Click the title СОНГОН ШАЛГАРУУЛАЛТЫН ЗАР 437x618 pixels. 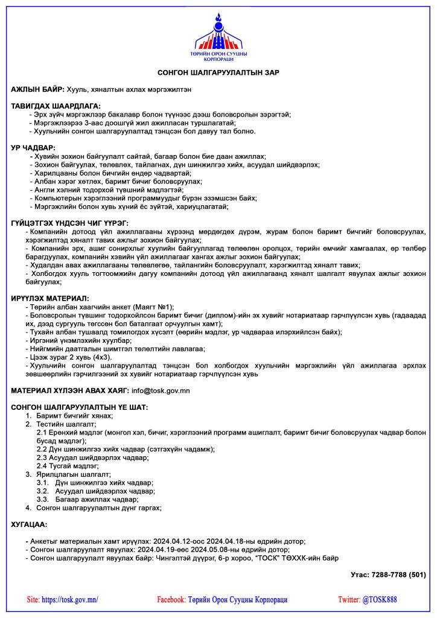pos(218,72)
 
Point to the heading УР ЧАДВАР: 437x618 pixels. pos(33,148)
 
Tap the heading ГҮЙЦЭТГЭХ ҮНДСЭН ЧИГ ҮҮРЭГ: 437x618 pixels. pos(69,223)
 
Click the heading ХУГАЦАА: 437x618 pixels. pos(29,525)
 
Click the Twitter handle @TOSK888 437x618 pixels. pos(380,600)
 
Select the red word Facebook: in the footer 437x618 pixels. pos(171,600)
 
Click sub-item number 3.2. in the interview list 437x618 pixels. pos(43,491)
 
